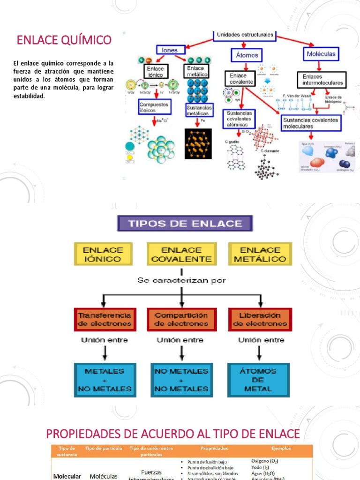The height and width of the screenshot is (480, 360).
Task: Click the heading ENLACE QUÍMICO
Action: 64,40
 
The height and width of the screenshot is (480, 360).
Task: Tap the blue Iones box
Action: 170,50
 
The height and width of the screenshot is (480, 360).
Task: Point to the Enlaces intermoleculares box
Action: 322,80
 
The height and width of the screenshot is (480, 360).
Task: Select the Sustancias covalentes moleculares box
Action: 311,123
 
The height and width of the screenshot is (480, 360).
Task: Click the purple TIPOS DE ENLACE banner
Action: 185,224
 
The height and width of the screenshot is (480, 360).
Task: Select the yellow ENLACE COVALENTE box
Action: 182,254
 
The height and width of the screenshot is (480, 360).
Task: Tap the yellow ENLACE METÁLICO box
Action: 260,254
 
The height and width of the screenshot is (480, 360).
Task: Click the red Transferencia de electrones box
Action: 104,319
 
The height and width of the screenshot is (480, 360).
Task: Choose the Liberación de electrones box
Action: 260,319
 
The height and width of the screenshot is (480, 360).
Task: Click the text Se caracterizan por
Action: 181,280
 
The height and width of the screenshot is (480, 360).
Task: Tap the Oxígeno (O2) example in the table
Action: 270,461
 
